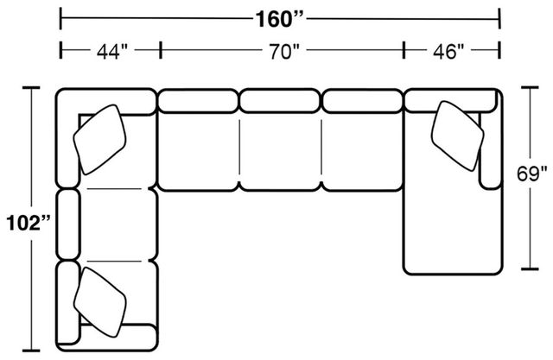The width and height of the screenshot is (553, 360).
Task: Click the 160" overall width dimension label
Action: tap(279, 19)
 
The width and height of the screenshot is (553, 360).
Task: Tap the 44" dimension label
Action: tap(111, 52)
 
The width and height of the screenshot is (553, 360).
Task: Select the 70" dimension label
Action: tap(284, 52)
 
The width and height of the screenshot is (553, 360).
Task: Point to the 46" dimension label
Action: tap(448, 52)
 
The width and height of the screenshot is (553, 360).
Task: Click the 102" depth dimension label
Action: tap(29, 223)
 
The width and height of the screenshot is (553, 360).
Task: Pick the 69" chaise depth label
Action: tap(532, 174)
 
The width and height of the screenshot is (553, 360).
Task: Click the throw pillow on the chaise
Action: tap(457, 136)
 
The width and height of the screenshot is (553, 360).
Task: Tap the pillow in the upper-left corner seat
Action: tap(99, 140)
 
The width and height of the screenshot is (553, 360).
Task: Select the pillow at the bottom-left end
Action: tap(100, 302)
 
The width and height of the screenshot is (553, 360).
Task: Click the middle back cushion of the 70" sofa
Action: tap(280, 101)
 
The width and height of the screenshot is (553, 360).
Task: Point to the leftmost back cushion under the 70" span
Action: tap(198, 101)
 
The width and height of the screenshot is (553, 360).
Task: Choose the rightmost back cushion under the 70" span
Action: tap(362, 101)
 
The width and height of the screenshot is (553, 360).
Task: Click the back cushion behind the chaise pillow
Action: tap(450, 101)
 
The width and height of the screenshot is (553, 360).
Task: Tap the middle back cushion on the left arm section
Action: tap(67, 224)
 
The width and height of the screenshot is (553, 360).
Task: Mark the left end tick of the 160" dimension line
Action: tap(61, 18)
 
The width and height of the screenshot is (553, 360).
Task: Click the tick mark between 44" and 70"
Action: tap(161, 50)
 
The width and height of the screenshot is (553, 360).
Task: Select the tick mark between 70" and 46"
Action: tap(404, 50)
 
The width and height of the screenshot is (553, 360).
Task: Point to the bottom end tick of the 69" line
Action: tap(530, 268)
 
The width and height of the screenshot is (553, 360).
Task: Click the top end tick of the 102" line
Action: tap(31, 86)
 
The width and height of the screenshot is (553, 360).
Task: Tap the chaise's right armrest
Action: tap(491, 148)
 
